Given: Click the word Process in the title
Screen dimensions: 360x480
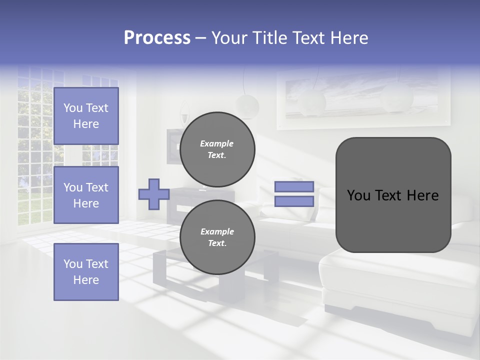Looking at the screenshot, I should point(157,38).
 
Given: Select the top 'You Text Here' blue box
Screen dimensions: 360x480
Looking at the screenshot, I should point(86,116).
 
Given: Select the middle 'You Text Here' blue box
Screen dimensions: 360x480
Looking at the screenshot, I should point(86,195).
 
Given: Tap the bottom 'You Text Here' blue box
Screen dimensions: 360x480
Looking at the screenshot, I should point(86,271).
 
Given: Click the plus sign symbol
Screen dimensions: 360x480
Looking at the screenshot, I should point(153,194).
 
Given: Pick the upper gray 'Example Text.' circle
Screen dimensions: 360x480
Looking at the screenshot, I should point(217,149).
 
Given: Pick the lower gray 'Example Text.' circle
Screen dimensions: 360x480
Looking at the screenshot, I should point(217,237).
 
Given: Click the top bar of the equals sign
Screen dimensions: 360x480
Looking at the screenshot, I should point(294,186).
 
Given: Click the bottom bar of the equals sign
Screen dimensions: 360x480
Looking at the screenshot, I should point(294,201).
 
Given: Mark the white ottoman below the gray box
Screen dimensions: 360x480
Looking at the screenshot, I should point(395,280).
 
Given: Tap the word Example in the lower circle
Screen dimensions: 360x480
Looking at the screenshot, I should point(217,231).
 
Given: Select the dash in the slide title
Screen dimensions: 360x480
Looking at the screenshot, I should point(200,38).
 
